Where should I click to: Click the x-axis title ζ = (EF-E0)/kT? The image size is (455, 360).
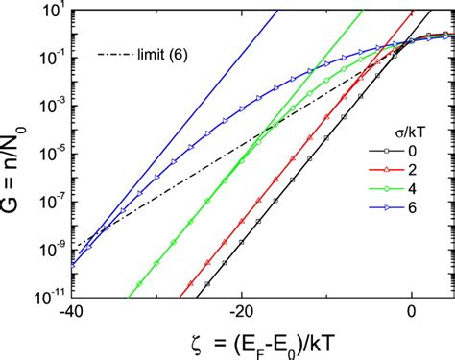[x=248, y=341]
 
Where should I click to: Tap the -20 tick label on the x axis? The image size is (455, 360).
[x=240, y=309]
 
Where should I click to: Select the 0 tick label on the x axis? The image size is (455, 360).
[x=414, y=309]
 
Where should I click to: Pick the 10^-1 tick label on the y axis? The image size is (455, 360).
[x=50, y=60]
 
